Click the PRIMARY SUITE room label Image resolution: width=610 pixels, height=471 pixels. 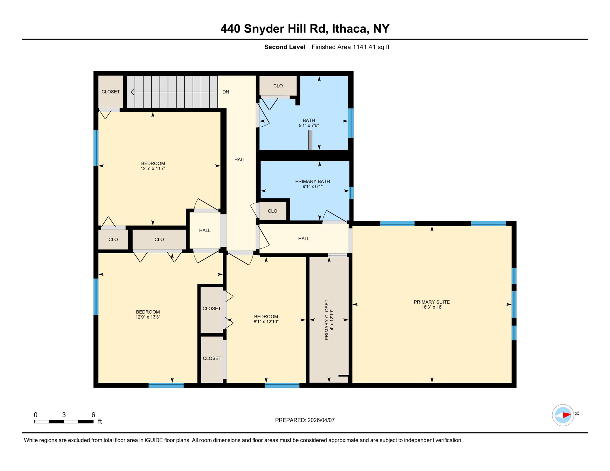(431, 302)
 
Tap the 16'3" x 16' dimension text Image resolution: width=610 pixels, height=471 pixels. (431, 307)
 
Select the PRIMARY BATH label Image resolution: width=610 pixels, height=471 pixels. (312, 182)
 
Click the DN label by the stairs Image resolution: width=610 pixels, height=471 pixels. (226, 92)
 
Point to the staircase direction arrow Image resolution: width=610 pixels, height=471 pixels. (172, 92)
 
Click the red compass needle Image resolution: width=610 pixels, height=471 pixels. (566, 415)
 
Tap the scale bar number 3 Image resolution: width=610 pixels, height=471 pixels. (64, 415)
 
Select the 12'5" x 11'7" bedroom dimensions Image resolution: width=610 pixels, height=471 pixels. (153, 168)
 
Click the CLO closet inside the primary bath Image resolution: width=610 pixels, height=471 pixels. (272, 211)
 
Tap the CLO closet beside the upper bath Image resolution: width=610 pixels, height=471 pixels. (278, 86)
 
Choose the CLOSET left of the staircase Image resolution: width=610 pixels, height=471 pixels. (110, 92)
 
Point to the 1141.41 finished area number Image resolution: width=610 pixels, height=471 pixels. (364, 47)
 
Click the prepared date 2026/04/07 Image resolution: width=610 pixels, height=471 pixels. (321, 420)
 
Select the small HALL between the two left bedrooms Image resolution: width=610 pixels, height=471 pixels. (205, 230)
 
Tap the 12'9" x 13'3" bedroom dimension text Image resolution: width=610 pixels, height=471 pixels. (148, 317)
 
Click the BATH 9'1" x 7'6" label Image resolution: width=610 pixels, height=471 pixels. (309, 123)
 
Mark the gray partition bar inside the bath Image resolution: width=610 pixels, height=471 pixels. (310, 140)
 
